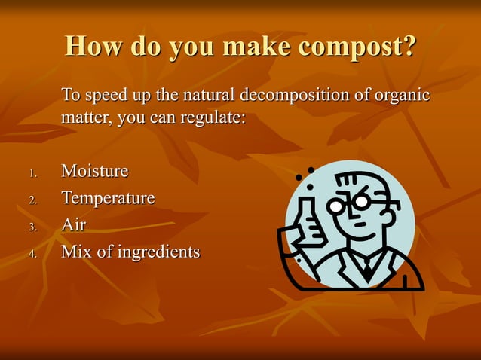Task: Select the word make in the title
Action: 249,47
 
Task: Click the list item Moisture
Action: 94,172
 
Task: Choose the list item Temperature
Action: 108,198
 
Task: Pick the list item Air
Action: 73,224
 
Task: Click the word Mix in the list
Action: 76,252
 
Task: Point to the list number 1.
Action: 32,174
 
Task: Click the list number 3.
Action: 32,227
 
